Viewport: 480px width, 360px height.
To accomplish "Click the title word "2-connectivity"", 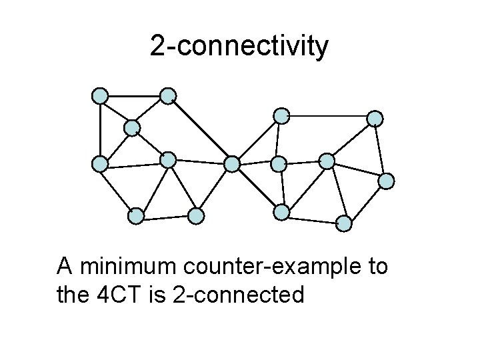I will [x=239, y=47].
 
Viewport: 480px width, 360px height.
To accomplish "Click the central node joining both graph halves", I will [x=232, y=163].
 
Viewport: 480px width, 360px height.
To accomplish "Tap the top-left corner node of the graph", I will [x=100, y=96].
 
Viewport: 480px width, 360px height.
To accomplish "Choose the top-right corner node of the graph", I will [x=376, y=118].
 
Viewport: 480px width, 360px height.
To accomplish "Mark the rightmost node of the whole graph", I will [x=387, y=181].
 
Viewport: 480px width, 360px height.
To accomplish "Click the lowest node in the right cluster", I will [x=344, y=223].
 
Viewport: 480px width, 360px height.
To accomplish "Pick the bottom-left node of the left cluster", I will [x=136, y=215].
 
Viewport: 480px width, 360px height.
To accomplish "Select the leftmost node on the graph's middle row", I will [x=100, y=163].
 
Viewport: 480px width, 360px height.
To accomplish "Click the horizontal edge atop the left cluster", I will [x=134, y=96].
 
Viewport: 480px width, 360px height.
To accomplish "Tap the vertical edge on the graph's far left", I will [x=100, y=130].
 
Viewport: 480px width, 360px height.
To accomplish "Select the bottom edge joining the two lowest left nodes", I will [x=166, y=215].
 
